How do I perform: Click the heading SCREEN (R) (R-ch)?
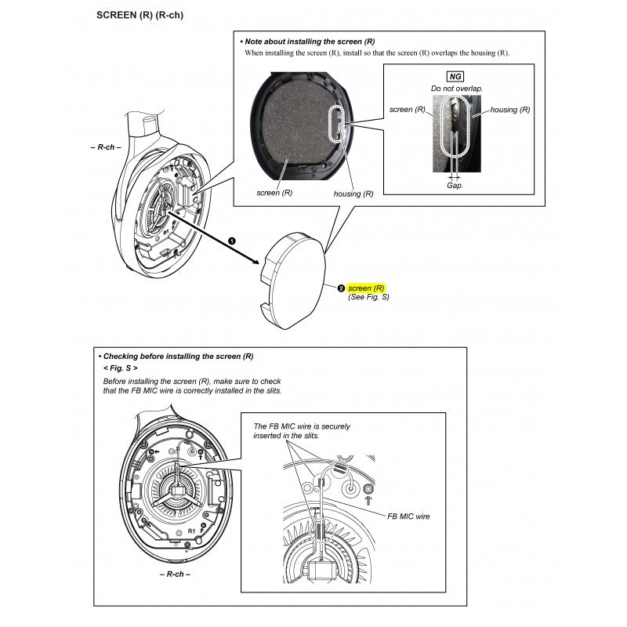[x=139, y=16]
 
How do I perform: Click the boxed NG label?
[x=454, y=76]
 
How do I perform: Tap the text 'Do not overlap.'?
[x=456, y=89]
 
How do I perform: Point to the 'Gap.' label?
[x=455, y=186]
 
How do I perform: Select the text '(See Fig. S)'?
[x=368, y=298]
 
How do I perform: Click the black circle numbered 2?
[x=340, y=288]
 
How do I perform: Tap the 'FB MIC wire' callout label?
[x=408, y=516]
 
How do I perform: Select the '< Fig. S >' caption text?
[x=121, y=368]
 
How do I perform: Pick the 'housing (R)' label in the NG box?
[x=509, y=110]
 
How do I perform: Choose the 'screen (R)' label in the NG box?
[x=408, y=110]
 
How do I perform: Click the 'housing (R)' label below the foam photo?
[x=353, y=193]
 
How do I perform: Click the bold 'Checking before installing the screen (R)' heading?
[x=177, y=355]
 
